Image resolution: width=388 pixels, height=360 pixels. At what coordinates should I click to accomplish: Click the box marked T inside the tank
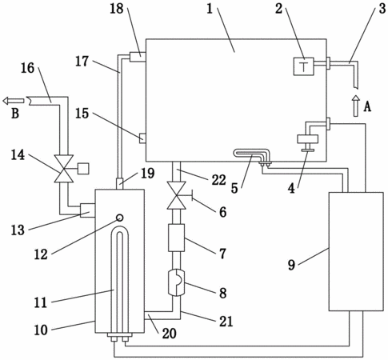pos(303,66)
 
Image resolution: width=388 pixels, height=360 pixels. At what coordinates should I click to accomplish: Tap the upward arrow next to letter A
pos(355,106)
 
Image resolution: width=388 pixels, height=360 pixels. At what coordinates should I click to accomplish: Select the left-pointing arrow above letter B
pos(14,101)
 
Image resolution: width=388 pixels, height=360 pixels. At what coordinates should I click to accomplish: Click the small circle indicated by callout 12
pos(120,218)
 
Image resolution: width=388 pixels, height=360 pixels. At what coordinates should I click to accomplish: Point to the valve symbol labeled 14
pos(64,169)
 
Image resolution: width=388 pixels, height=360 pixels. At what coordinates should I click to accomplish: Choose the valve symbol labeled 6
pos(176,195)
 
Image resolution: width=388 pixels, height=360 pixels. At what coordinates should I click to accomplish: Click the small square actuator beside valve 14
pos(83,169)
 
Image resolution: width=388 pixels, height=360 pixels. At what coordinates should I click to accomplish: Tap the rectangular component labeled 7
pos(176,238)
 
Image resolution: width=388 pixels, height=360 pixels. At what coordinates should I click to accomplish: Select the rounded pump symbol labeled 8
pos(176,282)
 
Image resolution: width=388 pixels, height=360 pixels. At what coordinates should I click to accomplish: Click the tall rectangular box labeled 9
pos(356,251)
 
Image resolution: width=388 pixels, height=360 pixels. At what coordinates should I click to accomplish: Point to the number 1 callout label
pos(210,9)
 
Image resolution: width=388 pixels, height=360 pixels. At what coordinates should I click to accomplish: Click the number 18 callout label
pos(117,9)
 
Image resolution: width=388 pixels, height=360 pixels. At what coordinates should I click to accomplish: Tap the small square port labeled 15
pos(142,138)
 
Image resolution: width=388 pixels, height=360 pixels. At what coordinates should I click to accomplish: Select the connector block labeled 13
pos(87,210)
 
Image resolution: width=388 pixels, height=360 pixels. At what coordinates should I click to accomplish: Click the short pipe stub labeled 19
pos(120,184)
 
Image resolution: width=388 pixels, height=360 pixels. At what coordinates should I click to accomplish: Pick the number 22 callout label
pos(218,179)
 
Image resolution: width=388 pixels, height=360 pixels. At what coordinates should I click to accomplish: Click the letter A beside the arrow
pos(367,107)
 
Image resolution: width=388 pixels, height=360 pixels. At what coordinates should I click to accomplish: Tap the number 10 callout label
pos(41,330)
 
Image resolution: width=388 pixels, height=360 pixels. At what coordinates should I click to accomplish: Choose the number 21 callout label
pos(226,321)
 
